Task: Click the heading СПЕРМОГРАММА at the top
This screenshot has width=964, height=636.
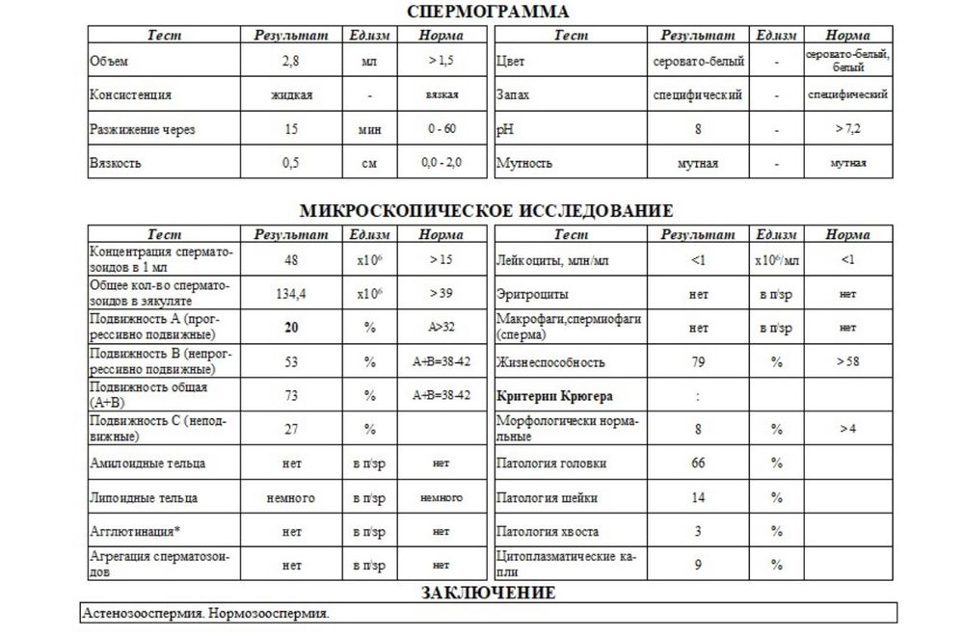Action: pyautogui.click(x=488, y=12)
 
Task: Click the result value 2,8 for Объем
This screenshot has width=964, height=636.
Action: pyautogui.click(x=291, y=62)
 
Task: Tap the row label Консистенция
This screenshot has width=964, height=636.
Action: pyautogui.click(x=130, y=95)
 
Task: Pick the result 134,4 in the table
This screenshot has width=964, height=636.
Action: pyautogui.click(x=291, y=294)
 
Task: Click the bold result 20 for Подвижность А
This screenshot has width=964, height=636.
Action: pyautogui.click(x=291, y=328)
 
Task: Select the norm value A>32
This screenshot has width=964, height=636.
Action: pyautogui.click(x=442, y=328)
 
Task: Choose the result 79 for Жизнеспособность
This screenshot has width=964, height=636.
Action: pyautogui.click(x=698, y=362)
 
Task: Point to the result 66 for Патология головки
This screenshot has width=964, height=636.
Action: pyautogui.click(x=698, y=464)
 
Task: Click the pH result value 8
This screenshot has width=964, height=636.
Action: pyautogui.click(x=698, y=129)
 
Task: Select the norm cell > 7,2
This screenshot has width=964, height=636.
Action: pyautogui.click(x=846, y=129)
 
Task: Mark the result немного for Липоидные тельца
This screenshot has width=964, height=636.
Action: pyautogui.click(x=291, y=498)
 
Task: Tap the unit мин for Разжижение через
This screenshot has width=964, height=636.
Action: pyautogui.click(x=368, y=129)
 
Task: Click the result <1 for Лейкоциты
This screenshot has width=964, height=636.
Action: pyautogui.click(x=698, y=260)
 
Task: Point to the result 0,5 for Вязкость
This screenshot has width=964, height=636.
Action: pyautogui.click(x=291, y=163)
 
